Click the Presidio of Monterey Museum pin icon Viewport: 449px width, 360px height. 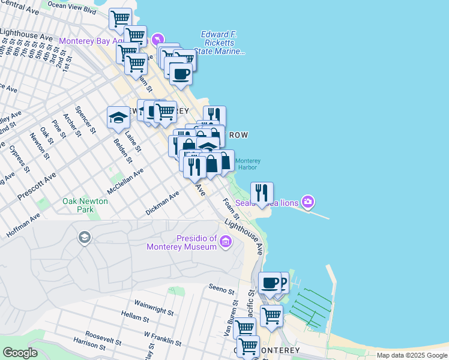(226, 242)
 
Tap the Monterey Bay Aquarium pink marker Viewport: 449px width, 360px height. (157, 39)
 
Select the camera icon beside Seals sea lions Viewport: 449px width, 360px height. (309, 202)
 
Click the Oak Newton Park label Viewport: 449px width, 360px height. (85, 206)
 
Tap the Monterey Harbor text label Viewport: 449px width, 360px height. (247, 164)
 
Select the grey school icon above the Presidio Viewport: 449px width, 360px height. (85, 238)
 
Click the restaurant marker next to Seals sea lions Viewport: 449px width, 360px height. (262, 193)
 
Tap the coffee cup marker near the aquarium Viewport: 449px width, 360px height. (181, 74)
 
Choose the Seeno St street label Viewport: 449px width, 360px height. (221, 289)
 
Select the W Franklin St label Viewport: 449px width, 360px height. (163, 338)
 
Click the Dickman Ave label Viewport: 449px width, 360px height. (163, 204)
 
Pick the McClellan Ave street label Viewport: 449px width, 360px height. (125, 181)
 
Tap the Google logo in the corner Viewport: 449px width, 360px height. (20, 353)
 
